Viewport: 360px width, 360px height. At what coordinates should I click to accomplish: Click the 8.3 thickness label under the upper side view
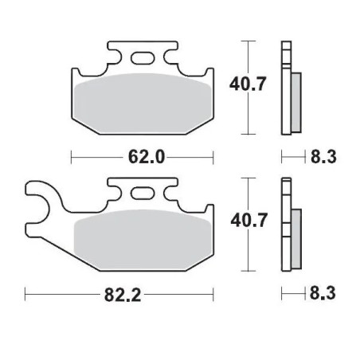[324, 157]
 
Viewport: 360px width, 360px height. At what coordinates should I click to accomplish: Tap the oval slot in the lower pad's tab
[144, 194]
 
